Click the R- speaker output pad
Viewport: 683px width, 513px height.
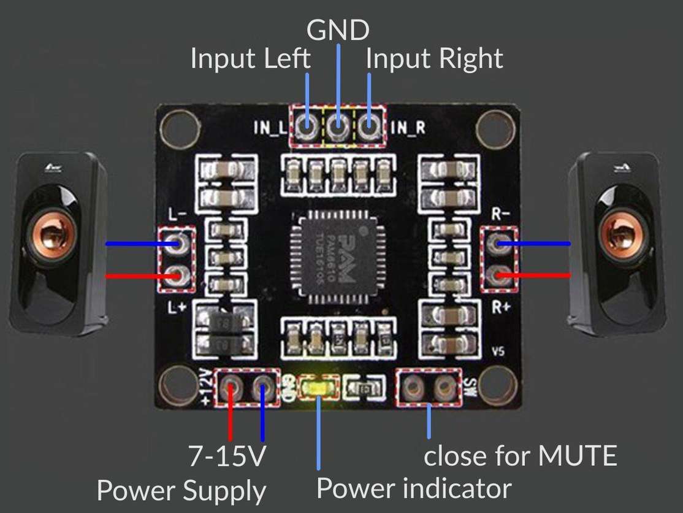click(499, 244)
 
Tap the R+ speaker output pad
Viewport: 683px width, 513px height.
click(499, 275)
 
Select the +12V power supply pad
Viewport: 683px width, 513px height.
click(231, 387)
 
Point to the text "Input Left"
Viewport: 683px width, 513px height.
click(251, 60)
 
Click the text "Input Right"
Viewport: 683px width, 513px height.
click(434, 60)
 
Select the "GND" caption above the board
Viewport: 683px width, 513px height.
click(338, 29)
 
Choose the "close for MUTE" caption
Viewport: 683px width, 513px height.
click(520, 457)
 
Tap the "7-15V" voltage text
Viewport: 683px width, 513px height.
click(228, 457)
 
